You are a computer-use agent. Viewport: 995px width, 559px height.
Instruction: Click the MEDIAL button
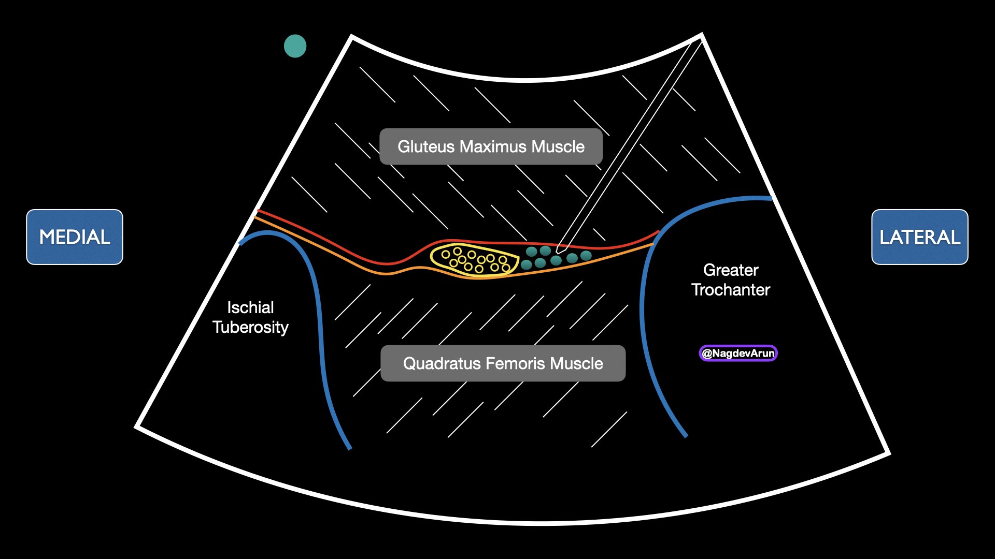75,237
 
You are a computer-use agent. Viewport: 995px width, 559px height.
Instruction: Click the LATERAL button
919,237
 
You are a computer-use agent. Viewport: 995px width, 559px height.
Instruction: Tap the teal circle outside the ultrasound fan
295,46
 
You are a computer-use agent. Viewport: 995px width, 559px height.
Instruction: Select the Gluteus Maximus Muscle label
491,146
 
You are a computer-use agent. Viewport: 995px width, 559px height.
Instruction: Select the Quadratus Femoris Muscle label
503,363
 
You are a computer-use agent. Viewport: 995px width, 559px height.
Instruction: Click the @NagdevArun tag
738,353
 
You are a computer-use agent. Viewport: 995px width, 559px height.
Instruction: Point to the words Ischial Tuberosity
250,317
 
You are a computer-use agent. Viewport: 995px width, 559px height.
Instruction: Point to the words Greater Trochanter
731,279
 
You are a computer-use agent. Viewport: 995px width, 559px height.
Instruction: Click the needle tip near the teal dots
559,250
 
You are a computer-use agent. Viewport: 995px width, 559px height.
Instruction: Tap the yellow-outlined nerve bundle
474,259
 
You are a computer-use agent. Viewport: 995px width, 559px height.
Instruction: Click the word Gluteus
426,147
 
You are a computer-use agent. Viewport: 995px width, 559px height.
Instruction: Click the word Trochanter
731,290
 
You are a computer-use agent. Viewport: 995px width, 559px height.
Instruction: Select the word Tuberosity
250,328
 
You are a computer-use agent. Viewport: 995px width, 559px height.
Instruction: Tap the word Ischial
250,307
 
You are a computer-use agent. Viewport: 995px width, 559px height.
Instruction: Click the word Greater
731,270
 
